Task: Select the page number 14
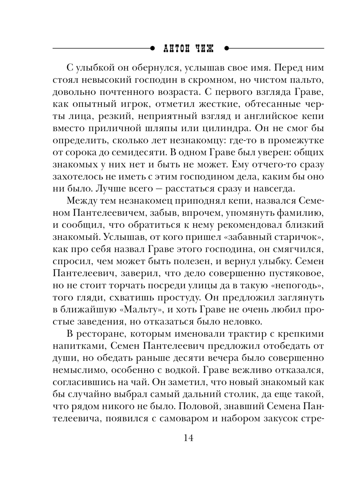click(x=188, y=438)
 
